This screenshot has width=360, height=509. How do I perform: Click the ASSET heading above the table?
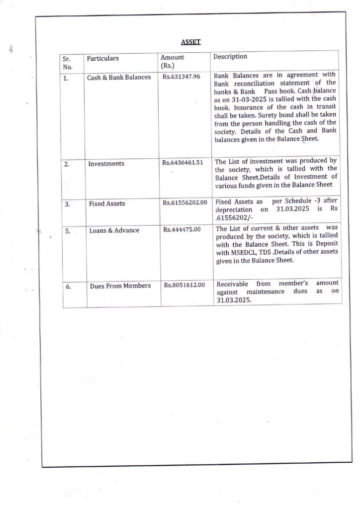point(190,42)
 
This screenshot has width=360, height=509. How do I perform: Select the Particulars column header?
point(103,59)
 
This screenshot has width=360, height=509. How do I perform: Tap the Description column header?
point(230,57)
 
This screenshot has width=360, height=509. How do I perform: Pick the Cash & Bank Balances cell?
point(119,78)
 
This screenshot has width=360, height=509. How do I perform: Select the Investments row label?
point(106,164)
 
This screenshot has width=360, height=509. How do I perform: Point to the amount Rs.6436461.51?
point(182,163)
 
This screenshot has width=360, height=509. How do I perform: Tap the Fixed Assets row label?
point(107,204)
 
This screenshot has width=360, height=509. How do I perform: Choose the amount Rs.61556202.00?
point(184,203)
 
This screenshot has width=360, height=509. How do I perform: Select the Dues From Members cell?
point(120,286)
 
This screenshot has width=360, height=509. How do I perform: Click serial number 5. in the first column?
point(67,231)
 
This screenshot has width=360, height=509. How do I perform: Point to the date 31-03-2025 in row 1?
point(239,100)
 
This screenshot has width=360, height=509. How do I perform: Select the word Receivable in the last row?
point(232,284)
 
